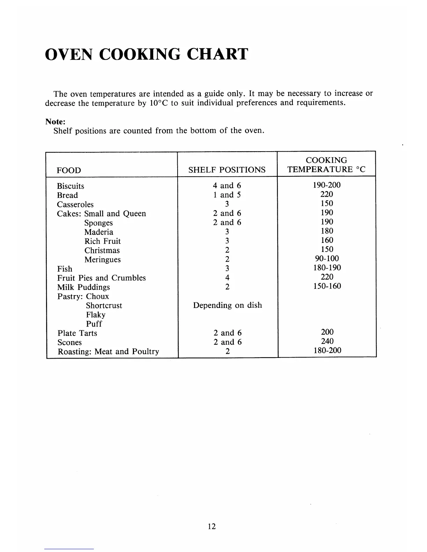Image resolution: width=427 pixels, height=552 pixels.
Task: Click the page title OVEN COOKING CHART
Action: click(147, 54)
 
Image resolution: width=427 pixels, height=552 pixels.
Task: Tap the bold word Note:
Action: click(55, 122)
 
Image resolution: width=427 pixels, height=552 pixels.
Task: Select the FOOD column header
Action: click(69, 170)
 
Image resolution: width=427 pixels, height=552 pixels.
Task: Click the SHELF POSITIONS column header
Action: click(227, 170)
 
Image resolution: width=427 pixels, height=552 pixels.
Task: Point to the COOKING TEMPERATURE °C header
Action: click(326, 165)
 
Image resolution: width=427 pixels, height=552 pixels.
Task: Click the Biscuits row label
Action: click(70, 186)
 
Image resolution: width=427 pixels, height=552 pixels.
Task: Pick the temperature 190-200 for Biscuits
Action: click(327, 185)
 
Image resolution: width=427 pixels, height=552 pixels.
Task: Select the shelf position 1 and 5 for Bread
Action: click(227, 195)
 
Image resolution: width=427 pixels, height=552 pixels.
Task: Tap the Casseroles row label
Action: click(75, 205)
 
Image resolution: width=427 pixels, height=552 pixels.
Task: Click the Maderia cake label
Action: click(99, 232)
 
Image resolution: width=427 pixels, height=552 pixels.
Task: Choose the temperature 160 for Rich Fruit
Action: click(327, 240)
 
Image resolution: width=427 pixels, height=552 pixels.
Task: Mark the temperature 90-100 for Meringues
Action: click(327, 259)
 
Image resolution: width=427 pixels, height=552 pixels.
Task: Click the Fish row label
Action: click(65, 269)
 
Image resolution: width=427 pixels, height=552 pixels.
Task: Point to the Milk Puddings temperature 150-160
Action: click(327, 286)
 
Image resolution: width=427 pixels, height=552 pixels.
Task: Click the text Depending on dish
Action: click(227, 305)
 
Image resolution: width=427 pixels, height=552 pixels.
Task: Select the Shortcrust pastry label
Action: click(104, 306)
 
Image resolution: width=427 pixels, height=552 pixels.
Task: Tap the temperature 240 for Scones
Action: click(327, 341)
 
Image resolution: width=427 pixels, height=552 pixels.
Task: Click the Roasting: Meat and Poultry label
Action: click(108, 352)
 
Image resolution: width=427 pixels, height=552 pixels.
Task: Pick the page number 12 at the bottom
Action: click(212, 527)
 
